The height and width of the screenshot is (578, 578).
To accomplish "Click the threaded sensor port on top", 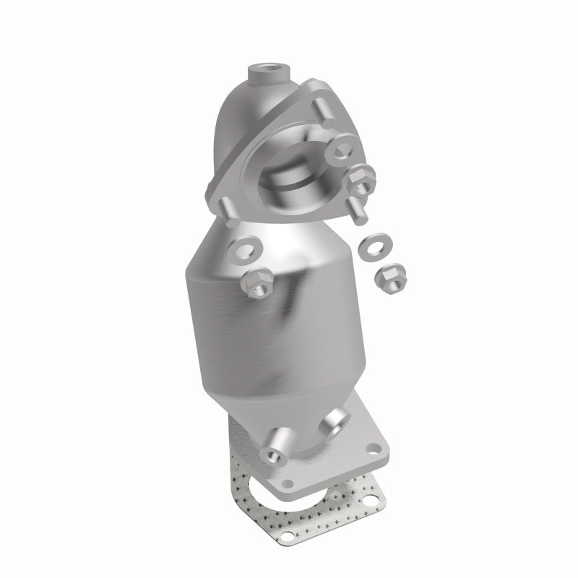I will point(269,72).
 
